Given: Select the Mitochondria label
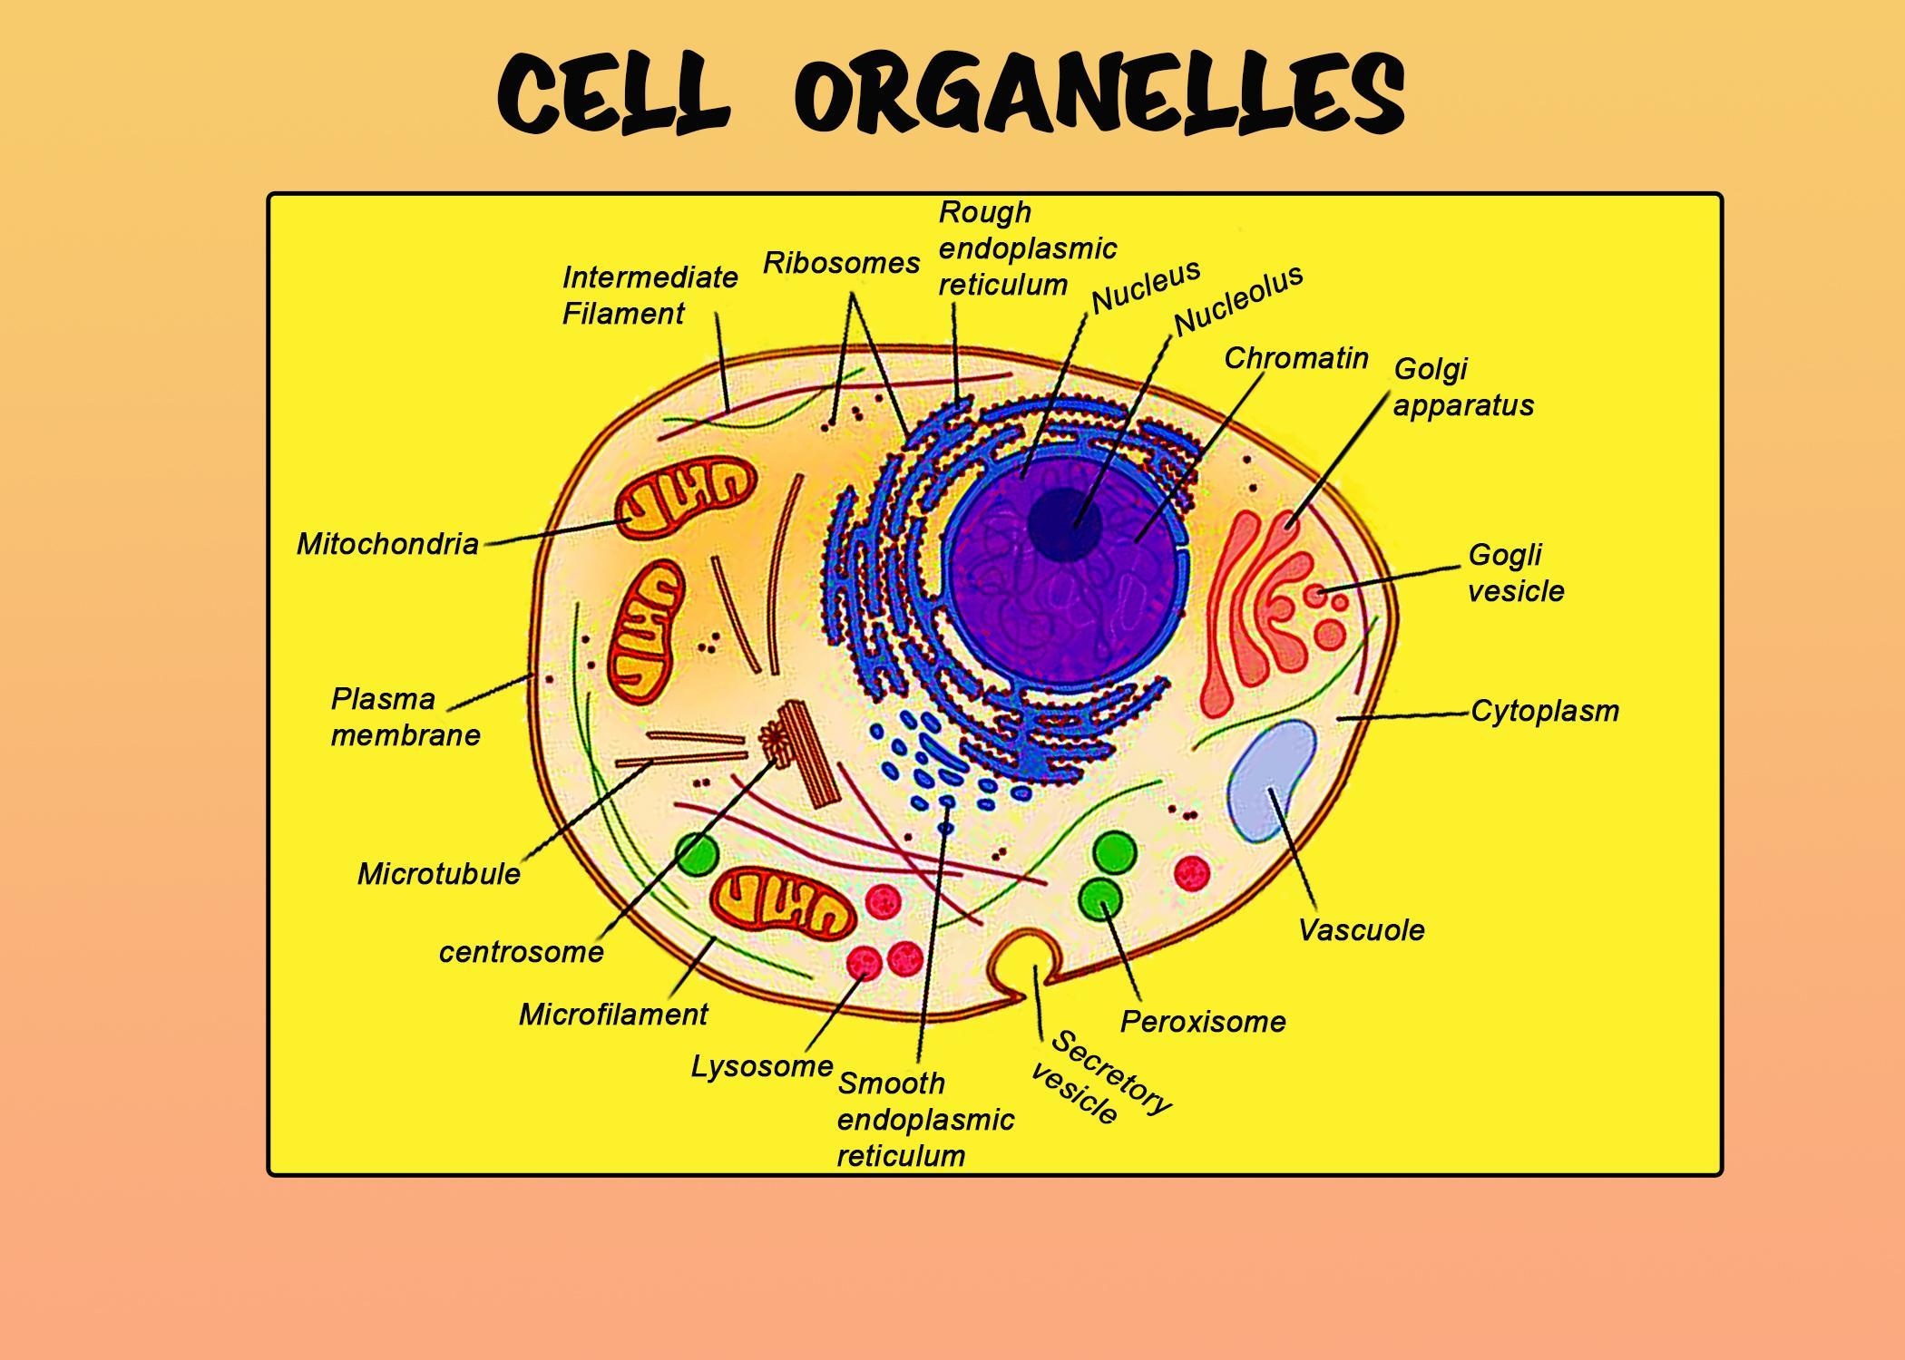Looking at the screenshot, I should pos(387,544).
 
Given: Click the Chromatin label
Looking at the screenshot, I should pos(1295,358).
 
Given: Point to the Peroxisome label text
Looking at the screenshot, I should pos(1203,1022).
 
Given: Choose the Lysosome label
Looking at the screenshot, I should pos(762,1066).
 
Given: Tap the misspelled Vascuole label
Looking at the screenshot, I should pos(1361,930).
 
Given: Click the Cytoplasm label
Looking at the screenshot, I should pos(1545,711).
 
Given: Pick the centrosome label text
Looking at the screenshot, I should pos(522,952).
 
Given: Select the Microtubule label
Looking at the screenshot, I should pos(439,874).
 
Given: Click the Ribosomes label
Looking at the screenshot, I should pos(841,263).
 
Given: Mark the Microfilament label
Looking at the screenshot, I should pos(613,1015).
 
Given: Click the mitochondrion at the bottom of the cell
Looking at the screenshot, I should pos(783,904).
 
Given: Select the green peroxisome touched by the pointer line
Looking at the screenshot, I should pos(1100,898).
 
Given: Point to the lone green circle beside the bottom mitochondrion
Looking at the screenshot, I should pos(697,855).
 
